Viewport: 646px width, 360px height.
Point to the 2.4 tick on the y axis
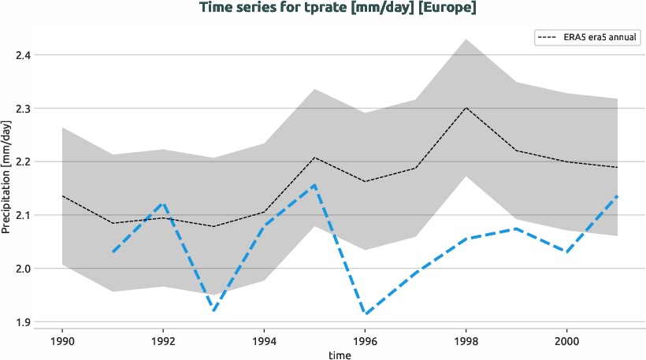tap(22, 55)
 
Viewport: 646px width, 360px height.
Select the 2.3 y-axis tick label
tap(22, 109)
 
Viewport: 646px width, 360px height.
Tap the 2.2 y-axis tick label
tap(22, 161)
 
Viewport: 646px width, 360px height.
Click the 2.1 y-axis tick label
tap(22, 215)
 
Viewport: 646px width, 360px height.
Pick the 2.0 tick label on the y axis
tap(22, 269)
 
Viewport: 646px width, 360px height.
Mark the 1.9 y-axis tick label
tap(22, 322)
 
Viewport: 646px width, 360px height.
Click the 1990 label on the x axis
tap(62, 343)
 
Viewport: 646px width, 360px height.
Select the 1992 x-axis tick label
tap(163, 343)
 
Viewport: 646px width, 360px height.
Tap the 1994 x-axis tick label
tap(264, 343)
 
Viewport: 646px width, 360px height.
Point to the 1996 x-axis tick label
tap(365, 343)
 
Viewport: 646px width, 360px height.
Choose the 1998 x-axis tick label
tap(466, 343)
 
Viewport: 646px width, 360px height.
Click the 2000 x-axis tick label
tap(566, 343)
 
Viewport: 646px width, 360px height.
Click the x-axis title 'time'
tap(340, 355)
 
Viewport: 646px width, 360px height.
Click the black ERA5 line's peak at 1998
tap(466, 108)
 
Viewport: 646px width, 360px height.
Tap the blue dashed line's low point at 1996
tap(365, 314)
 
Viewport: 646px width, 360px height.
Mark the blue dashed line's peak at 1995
tap(314, 185)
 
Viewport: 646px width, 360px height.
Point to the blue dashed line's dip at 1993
tap(213, 310)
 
